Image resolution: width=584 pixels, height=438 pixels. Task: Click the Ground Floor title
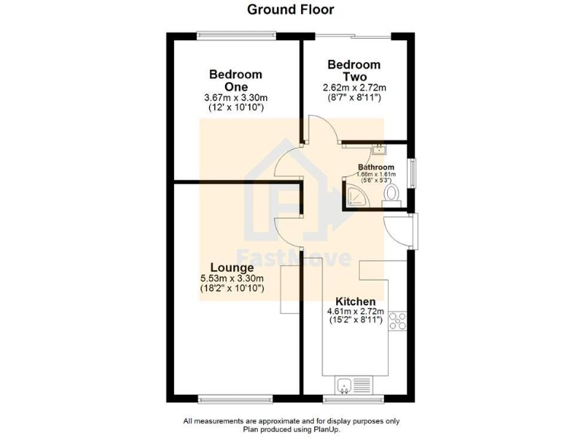click(290, 10)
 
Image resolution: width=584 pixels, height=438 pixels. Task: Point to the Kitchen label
click(354, 301)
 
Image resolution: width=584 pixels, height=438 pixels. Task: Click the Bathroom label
click(376, 167)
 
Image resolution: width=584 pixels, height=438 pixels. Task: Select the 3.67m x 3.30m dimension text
click(236, 98)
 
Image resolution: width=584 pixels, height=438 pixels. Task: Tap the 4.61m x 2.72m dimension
click(354, 312)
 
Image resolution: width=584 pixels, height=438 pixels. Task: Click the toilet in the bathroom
click(392, 195)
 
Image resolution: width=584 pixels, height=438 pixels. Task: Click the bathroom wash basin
click(378, 149)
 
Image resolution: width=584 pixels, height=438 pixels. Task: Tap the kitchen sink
click(345, 386)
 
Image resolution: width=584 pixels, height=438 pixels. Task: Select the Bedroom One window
click(236, 33)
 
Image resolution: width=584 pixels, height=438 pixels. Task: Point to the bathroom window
click(413, 172)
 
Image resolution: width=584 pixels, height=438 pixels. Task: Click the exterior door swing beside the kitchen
click(400, 230)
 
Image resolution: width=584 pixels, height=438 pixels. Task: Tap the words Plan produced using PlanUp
click(290, 430)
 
